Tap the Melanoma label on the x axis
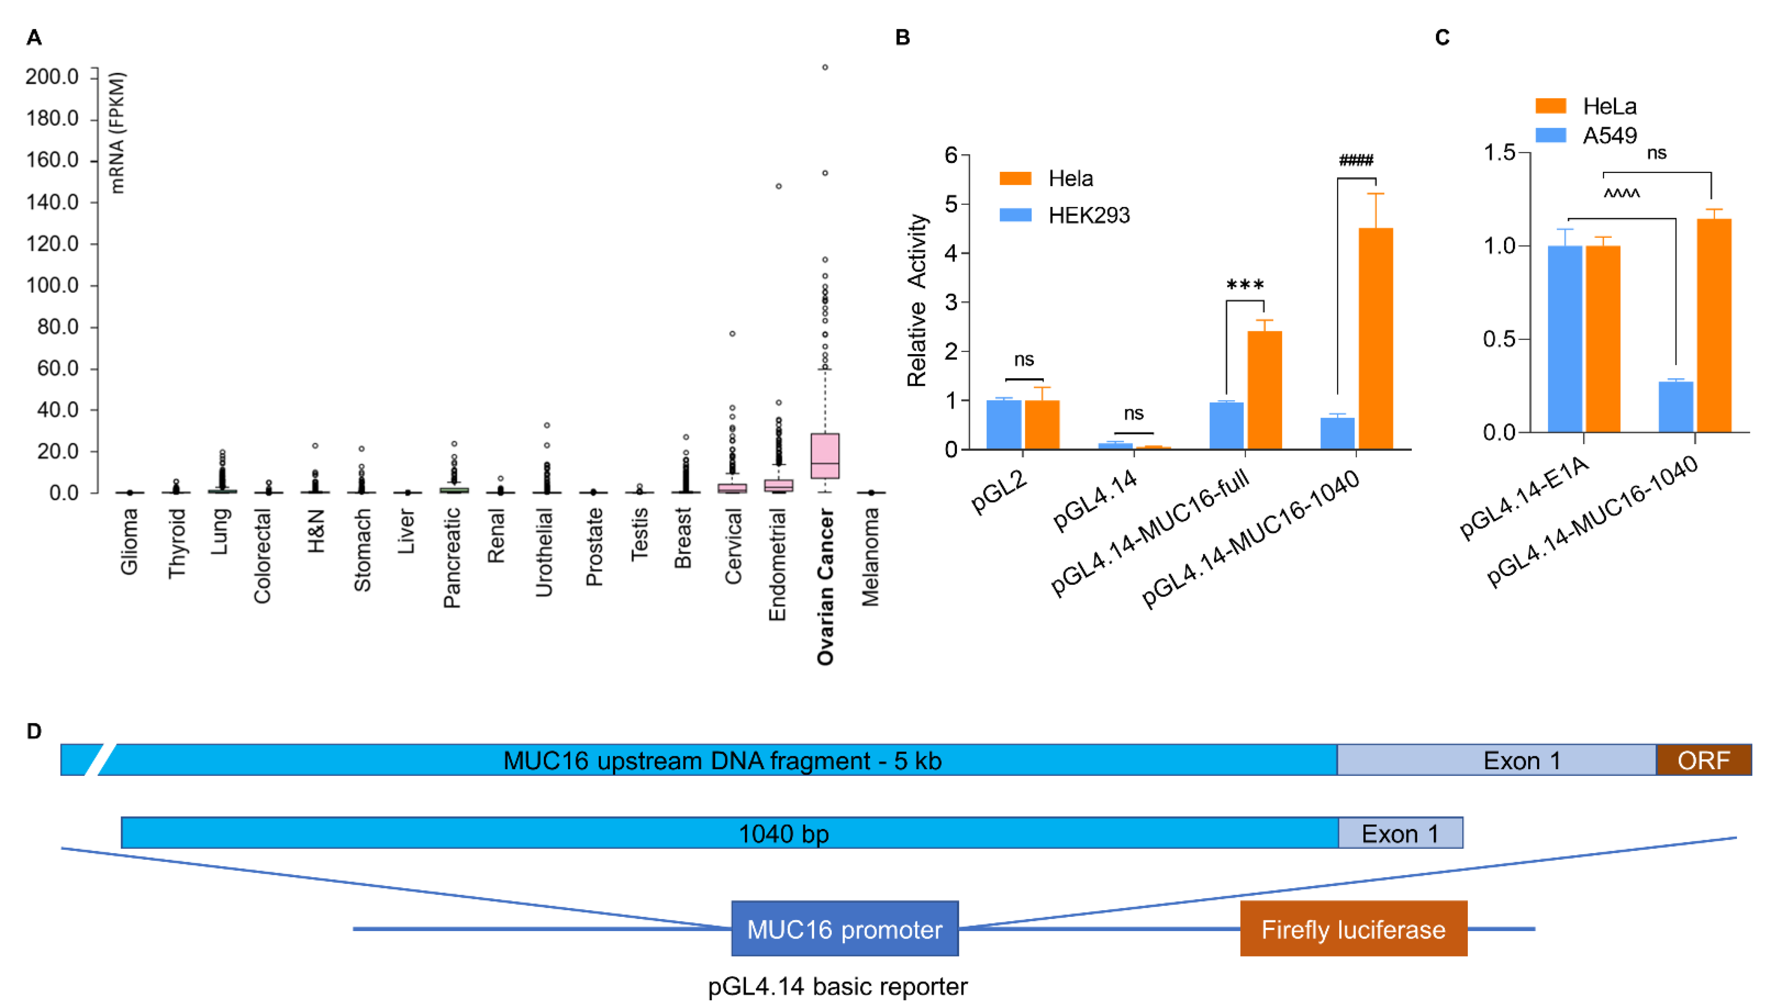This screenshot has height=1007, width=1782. point(870,557)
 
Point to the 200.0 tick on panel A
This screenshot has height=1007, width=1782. point(53,77)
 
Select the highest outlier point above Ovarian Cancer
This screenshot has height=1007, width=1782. point(825,67)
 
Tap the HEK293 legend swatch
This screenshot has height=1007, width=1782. point(1015,215)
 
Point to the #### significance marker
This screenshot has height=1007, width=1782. point(1356,161)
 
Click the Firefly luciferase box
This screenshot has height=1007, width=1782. point(1353,929)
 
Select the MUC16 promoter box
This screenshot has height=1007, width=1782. point(845,929)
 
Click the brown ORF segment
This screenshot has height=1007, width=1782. point(1703,760)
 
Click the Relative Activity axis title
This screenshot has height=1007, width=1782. point(917,300)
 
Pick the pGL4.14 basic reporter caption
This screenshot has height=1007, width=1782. point(837,986)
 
